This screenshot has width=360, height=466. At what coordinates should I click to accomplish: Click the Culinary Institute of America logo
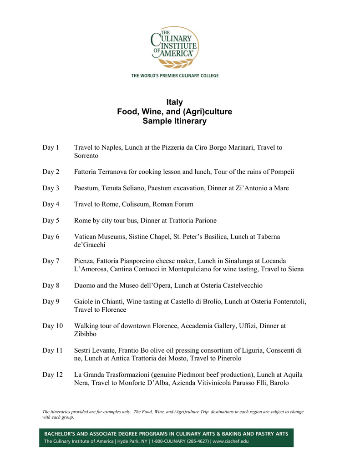(175, 47)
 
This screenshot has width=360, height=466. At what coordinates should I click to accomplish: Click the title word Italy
(175, 102)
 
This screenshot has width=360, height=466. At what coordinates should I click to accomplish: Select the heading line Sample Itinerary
(175, 121)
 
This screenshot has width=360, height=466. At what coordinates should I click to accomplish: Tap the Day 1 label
(51, 147)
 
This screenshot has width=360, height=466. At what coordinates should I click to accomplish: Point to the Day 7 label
(51, 261)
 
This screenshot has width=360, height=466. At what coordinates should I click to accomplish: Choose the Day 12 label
(53, 375)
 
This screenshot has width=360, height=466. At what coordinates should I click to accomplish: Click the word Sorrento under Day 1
(86, 156)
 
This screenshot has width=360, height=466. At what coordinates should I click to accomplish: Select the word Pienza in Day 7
(85, 261)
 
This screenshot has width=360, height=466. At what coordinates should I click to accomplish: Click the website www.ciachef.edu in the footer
(231, 441)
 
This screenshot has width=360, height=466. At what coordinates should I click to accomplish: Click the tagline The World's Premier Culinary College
(175, 76)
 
